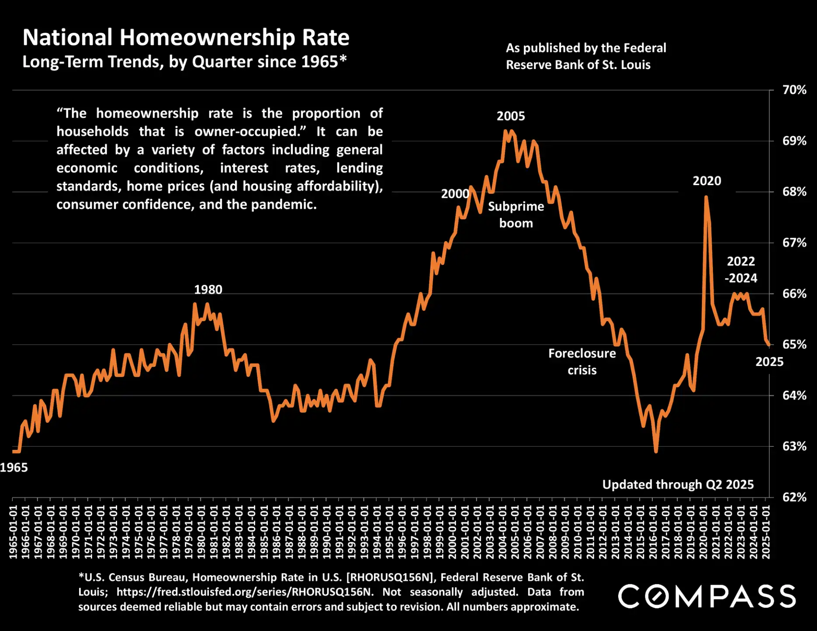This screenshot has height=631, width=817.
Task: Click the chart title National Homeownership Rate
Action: [x=186, y=38]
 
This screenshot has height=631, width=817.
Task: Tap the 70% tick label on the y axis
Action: [x=794, y=90]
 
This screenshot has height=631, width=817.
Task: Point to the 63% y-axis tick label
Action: [x=794, y=446]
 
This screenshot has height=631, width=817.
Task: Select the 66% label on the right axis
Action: [x=794, y=293]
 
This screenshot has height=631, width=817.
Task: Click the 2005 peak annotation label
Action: [x=511, y=116]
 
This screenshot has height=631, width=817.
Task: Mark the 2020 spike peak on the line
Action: [x=706, y=197]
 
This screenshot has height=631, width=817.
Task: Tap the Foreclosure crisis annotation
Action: [x=582, y=362]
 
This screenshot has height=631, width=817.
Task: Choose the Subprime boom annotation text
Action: [x=516, y=214]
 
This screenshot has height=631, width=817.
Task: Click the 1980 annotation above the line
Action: [x=208, y=290]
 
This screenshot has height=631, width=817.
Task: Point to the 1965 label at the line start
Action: [x=14, y=468]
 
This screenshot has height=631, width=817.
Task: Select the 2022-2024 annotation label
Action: [x=741, y=269]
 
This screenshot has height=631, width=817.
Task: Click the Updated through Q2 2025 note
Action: [x=678, y=484]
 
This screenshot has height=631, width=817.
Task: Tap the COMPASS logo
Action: [x=706, y=597]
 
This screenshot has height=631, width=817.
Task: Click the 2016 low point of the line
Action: [x=656, y=451]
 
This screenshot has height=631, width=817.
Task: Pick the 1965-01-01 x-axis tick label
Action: [x=13, y=532]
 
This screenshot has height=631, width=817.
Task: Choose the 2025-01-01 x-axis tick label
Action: [x=766, y=532]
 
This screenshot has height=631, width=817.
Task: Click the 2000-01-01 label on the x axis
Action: [x=452, y=532]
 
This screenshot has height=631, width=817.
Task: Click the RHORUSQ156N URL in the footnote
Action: [x=245, y=592]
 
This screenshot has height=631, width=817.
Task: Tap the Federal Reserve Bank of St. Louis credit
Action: [x=585, y=56]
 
